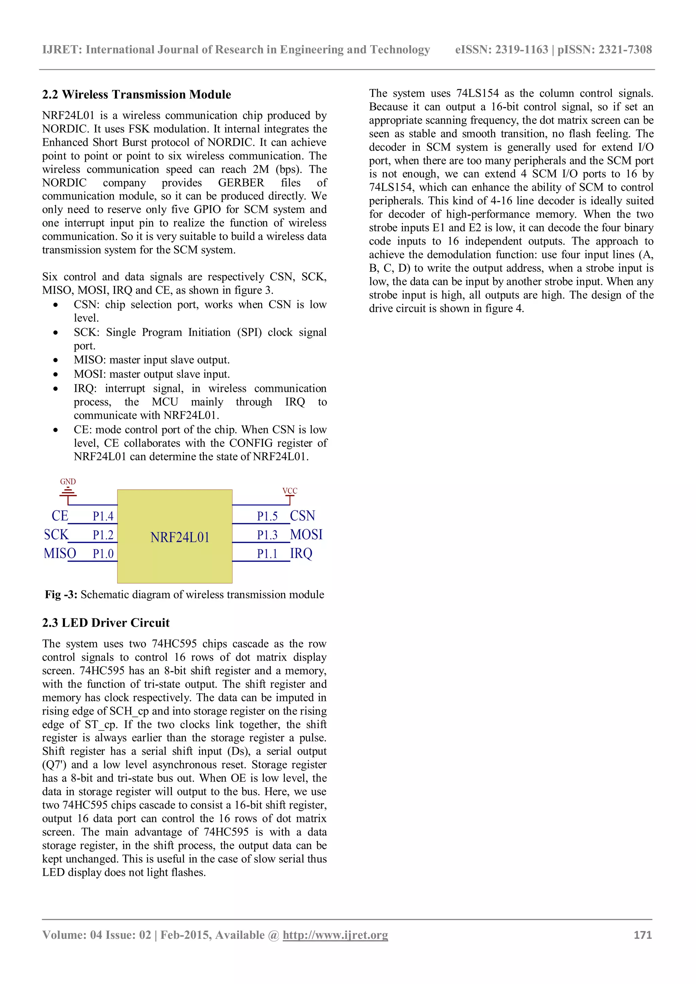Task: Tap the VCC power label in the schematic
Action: coord(290,491)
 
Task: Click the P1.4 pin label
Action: coord(103,516)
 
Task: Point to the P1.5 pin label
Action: coord(267,516)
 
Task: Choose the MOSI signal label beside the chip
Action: coord(306,534)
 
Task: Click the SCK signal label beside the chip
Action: coord(56,534)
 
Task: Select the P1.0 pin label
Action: coord(103,554)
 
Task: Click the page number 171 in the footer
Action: coord(642,935)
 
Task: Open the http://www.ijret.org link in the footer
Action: coord(335,935)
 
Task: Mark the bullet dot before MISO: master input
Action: coord(56,361)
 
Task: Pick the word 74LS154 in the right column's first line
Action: coord(477,93)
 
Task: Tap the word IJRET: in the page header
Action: coord(62,50)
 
